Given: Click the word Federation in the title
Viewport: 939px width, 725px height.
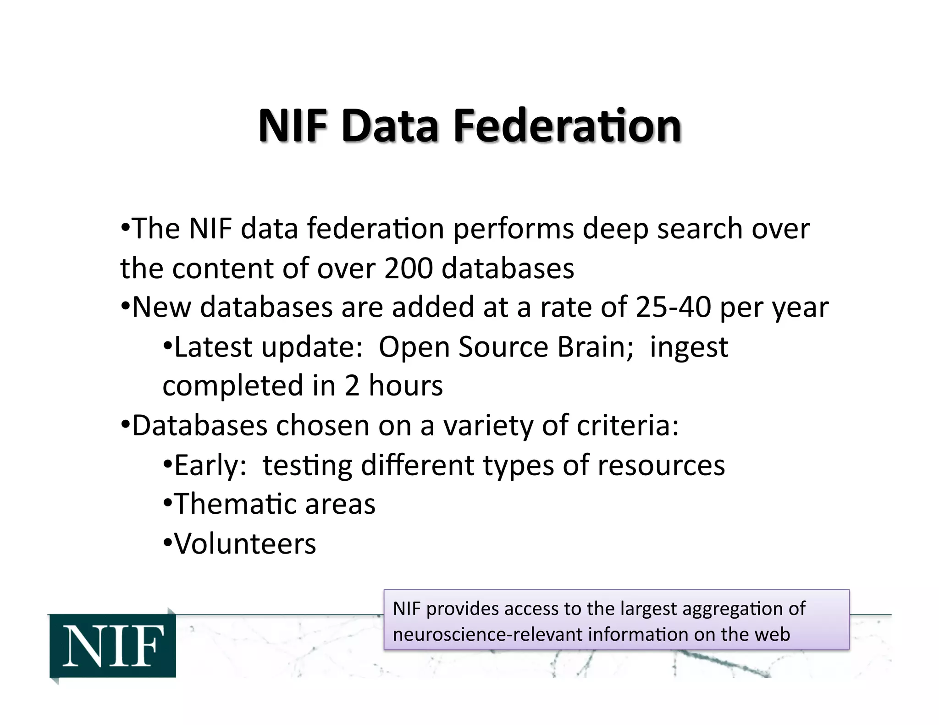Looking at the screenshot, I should pyautogui.click(x=567, y=126).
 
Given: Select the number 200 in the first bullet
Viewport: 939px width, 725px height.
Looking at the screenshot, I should pyautogui.click(x=408, y=268).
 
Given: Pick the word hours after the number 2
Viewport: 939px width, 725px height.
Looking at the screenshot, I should pyautogui.click(x=406, y=386).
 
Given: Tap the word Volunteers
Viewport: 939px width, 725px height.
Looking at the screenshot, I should pyautogui.click(x=245, y=544).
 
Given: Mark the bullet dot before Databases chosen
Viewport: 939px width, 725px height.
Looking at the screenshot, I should pyautogui.click(x=125, y=424).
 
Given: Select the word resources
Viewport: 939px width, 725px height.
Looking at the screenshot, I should pyautogui.click(x=661, y=466).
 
